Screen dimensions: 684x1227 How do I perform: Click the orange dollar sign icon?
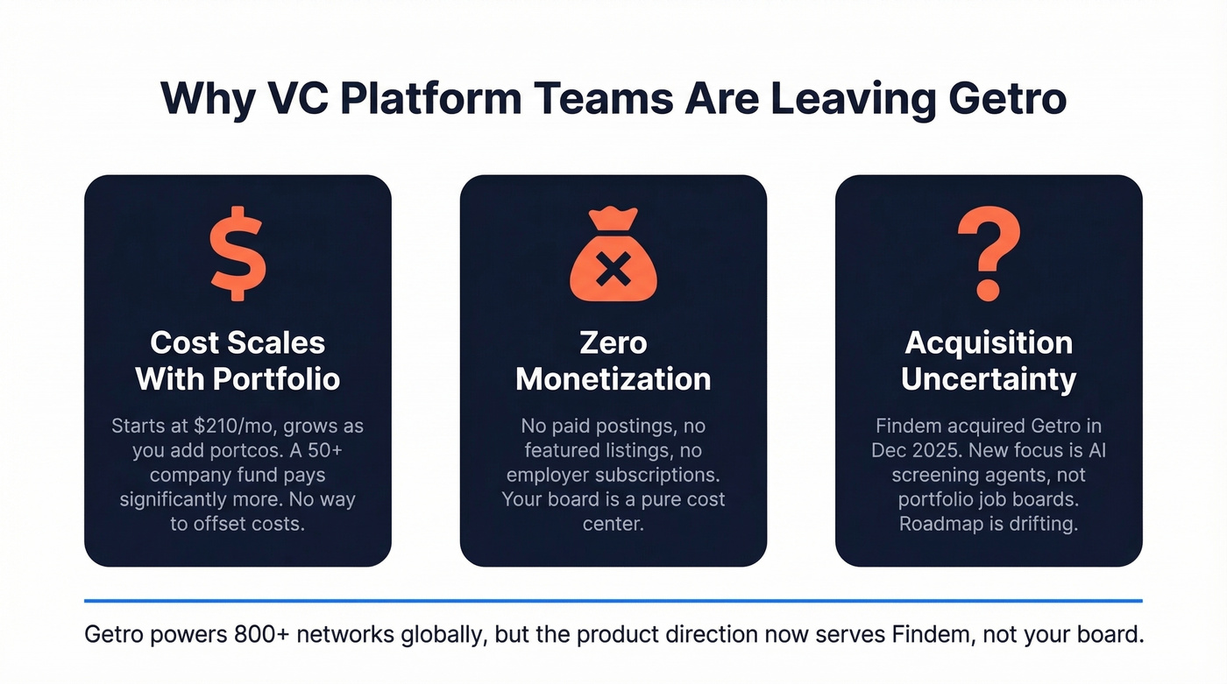click(237, 254)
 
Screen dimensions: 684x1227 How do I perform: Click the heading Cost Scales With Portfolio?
click(238, 360)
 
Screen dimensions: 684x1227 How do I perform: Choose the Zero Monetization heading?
click(613, 360)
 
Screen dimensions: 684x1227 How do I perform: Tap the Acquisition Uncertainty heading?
click(989, 360)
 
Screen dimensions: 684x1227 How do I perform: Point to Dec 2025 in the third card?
click(912, 451)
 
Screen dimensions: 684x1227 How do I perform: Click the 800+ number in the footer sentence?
click(263, 634)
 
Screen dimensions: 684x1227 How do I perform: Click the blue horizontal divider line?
click(613, 601)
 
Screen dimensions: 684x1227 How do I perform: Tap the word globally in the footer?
click(434, 634)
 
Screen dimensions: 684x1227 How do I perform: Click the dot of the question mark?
click(988, 291)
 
